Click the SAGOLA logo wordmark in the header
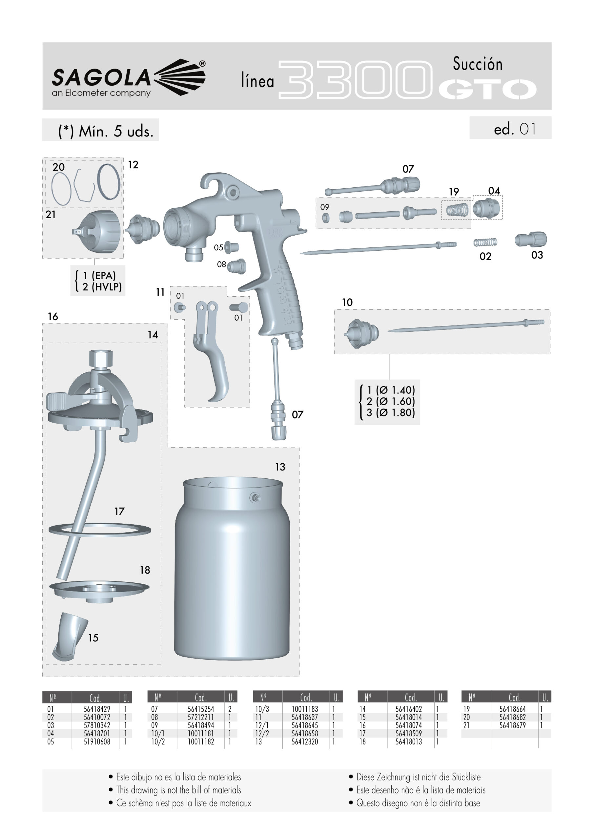pos(101,77)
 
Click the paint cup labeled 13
pos(232,569)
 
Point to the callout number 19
pos(454,192)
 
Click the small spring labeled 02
pos(485,242)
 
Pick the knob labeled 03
pos(530,239)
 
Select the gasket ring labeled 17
pos(99,530)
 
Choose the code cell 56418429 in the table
pos(97,709)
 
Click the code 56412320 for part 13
pos(305,742)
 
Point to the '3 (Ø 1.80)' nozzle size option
pos(391,413)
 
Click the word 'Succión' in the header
pos(478,64)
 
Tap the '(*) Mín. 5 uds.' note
pos(105,131)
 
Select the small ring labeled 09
pos(325,218)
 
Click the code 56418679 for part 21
pos(512,725)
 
